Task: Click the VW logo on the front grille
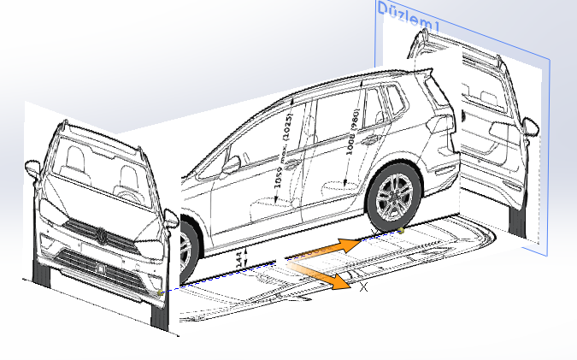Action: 100,234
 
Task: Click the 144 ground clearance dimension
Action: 240,256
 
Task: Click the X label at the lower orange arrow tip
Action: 364,288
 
